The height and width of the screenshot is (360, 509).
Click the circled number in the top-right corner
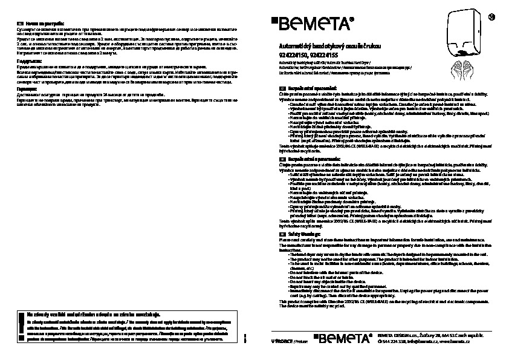click(491, 15)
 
